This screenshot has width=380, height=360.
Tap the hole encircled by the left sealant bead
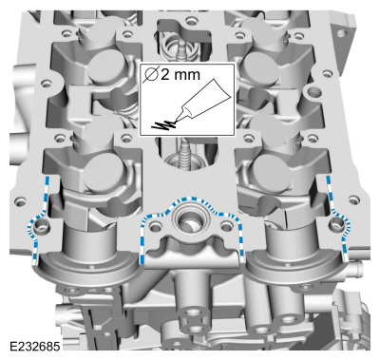(39, 227)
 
